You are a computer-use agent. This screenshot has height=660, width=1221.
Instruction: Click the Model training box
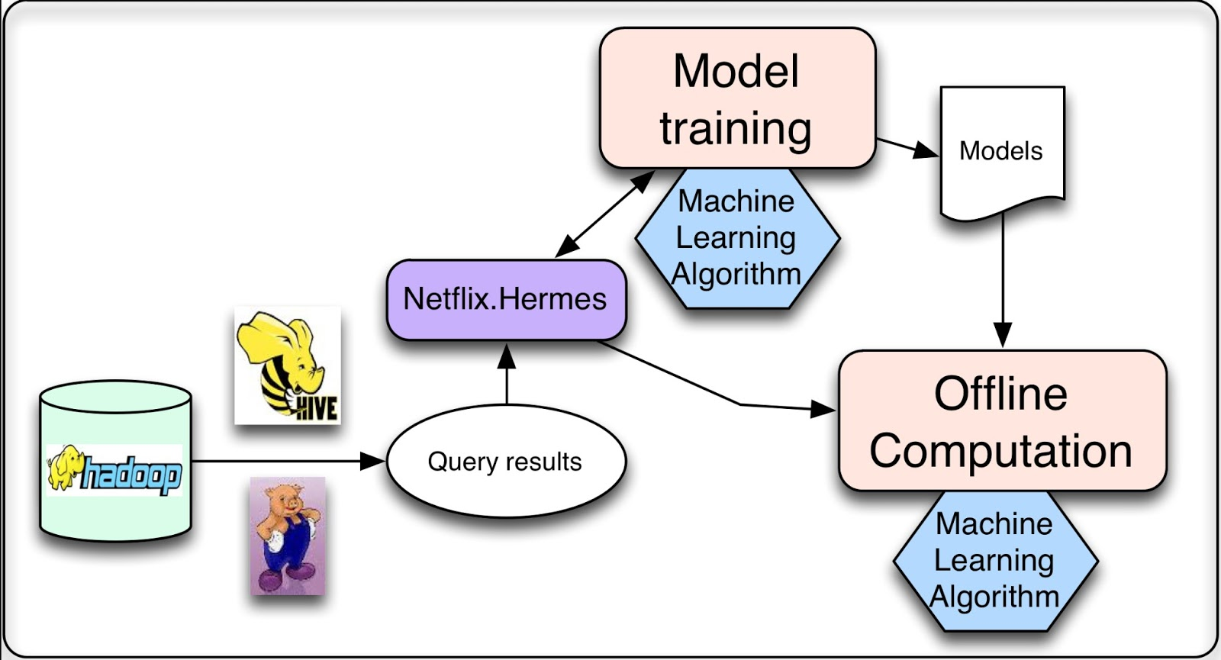point(737,98)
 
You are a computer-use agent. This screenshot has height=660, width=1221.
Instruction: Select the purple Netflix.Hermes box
point(505,299)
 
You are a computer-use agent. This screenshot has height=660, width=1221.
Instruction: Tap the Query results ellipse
point(505,462)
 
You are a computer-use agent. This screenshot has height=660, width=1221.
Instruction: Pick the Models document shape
point(1001,151)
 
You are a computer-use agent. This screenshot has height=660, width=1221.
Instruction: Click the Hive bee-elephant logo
point(287,365)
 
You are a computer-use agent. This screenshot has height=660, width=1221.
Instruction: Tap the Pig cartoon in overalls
point(288,536)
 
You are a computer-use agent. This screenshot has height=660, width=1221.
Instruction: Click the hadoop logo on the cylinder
point(114,471)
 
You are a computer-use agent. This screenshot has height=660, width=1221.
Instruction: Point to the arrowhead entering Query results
point(373,461)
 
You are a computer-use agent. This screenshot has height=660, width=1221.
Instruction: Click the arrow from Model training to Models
point(907,146)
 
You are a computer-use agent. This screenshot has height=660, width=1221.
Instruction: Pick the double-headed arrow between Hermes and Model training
point(604,214)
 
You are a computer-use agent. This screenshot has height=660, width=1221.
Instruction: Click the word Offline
point(1000,394)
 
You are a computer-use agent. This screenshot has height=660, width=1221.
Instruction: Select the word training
point(736,128)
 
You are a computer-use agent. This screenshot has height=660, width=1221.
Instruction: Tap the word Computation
point(1000,451)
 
